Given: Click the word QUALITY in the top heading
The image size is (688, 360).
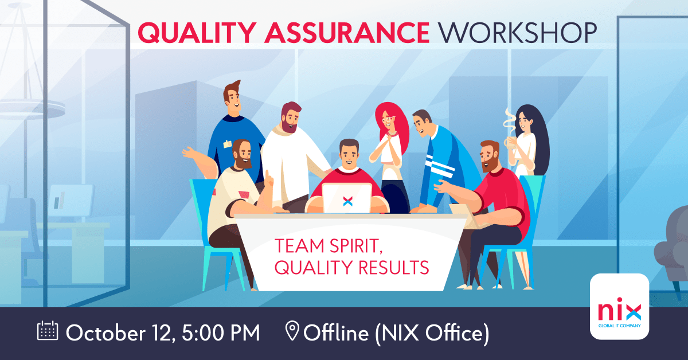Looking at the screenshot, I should (x=187, y=33).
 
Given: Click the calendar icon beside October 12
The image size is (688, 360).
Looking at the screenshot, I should (x=48, y=332).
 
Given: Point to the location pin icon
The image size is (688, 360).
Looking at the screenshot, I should (x=292, y=332).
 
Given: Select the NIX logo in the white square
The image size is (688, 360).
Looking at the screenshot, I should (x=619, y=310).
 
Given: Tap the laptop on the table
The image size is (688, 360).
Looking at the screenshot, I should (x=346, y=198).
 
